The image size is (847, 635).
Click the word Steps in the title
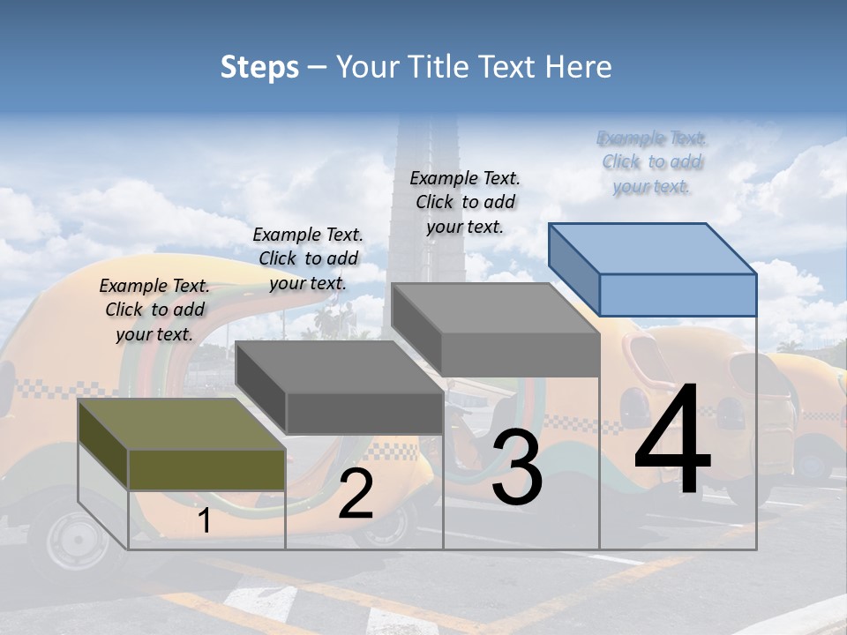point(259,67)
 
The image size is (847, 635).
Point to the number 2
point(356,494)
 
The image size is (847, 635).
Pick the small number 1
point(205,521)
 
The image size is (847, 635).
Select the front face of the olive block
point(206,469)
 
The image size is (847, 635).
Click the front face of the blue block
point(678,295)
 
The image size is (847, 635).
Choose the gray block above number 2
point(340,388)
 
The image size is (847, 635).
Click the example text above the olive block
point(154,310)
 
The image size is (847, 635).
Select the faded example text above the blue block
point(652,161)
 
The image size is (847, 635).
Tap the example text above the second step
point(308,258)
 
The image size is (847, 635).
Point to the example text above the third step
point(465,202)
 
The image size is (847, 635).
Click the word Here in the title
point(579,67)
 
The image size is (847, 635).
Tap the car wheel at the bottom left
point(76,536)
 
